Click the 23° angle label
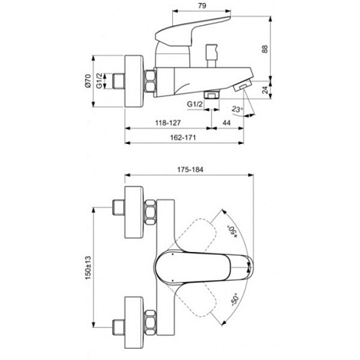tap(238, 109)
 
